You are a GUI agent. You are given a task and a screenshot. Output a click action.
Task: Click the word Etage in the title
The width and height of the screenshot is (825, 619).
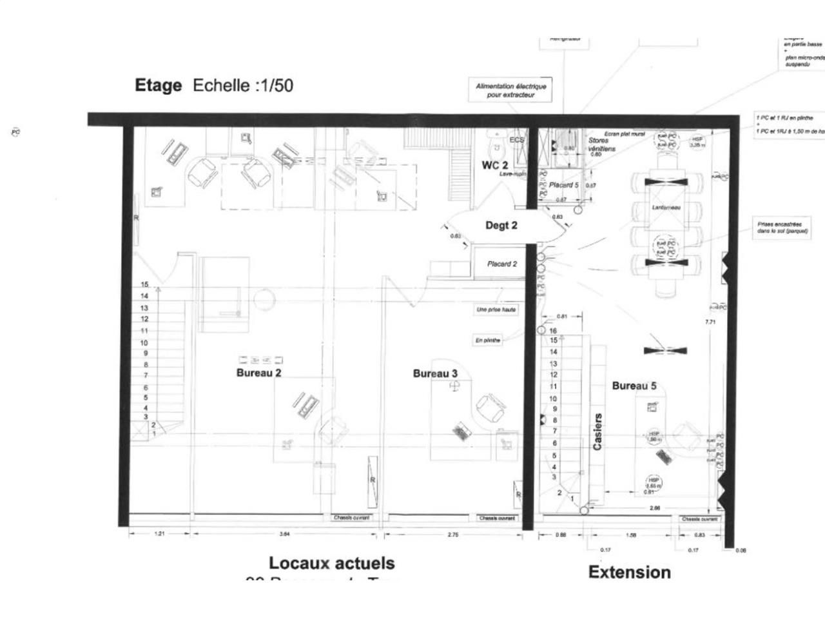[x=158, y=86]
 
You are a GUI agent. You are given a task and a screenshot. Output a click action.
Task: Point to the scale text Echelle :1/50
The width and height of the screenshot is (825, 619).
[x=243, y=86]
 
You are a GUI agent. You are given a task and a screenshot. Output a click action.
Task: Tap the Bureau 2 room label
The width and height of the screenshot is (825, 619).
[x=258, y=373]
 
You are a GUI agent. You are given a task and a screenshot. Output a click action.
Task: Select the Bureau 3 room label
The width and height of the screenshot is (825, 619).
[x=435, y=373]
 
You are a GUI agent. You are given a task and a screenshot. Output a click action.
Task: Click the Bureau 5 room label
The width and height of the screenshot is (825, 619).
[x=634, y=386]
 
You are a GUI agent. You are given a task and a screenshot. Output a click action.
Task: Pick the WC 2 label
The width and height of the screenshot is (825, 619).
[x=494, y=165]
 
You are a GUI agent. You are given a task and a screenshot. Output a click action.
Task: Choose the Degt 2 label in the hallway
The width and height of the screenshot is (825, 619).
[x=501, y=226]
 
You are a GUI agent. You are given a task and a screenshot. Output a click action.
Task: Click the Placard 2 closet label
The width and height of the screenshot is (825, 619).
[x=501, y=264]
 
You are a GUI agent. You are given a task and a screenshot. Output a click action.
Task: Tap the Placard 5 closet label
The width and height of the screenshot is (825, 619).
[x=564, y=185]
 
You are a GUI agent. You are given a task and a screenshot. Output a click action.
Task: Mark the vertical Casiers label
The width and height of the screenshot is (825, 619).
[x=597, y=431]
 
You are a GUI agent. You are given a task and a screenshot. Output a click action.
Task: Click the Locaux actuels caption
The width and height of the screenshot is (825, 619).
[x=331, y=563]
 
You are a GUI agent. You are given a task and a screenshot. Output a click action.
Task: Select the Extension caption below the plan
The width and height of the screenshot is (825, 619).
[x=629, y=572]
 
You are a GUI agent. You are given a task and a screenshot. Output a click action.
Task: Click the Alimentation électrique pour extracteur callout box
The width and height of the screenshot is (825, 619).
[x=510, y=90]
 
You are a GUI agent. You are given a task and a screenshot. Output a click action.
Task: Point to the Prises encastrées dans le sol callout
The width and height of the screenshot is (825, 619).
[x=782, y=228]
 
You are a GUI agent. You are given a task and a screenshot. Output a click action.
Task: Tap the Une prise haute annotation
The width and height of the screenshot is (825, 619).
[x=496, y=310]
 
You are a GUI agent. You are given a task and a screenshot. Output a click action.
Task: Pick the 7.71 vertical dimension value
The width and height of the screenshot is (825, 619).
[x=710, y=322]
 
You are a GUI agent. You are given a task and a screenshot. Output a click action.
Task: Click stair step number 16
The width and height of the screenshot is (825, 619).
[x=552, y=331]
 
